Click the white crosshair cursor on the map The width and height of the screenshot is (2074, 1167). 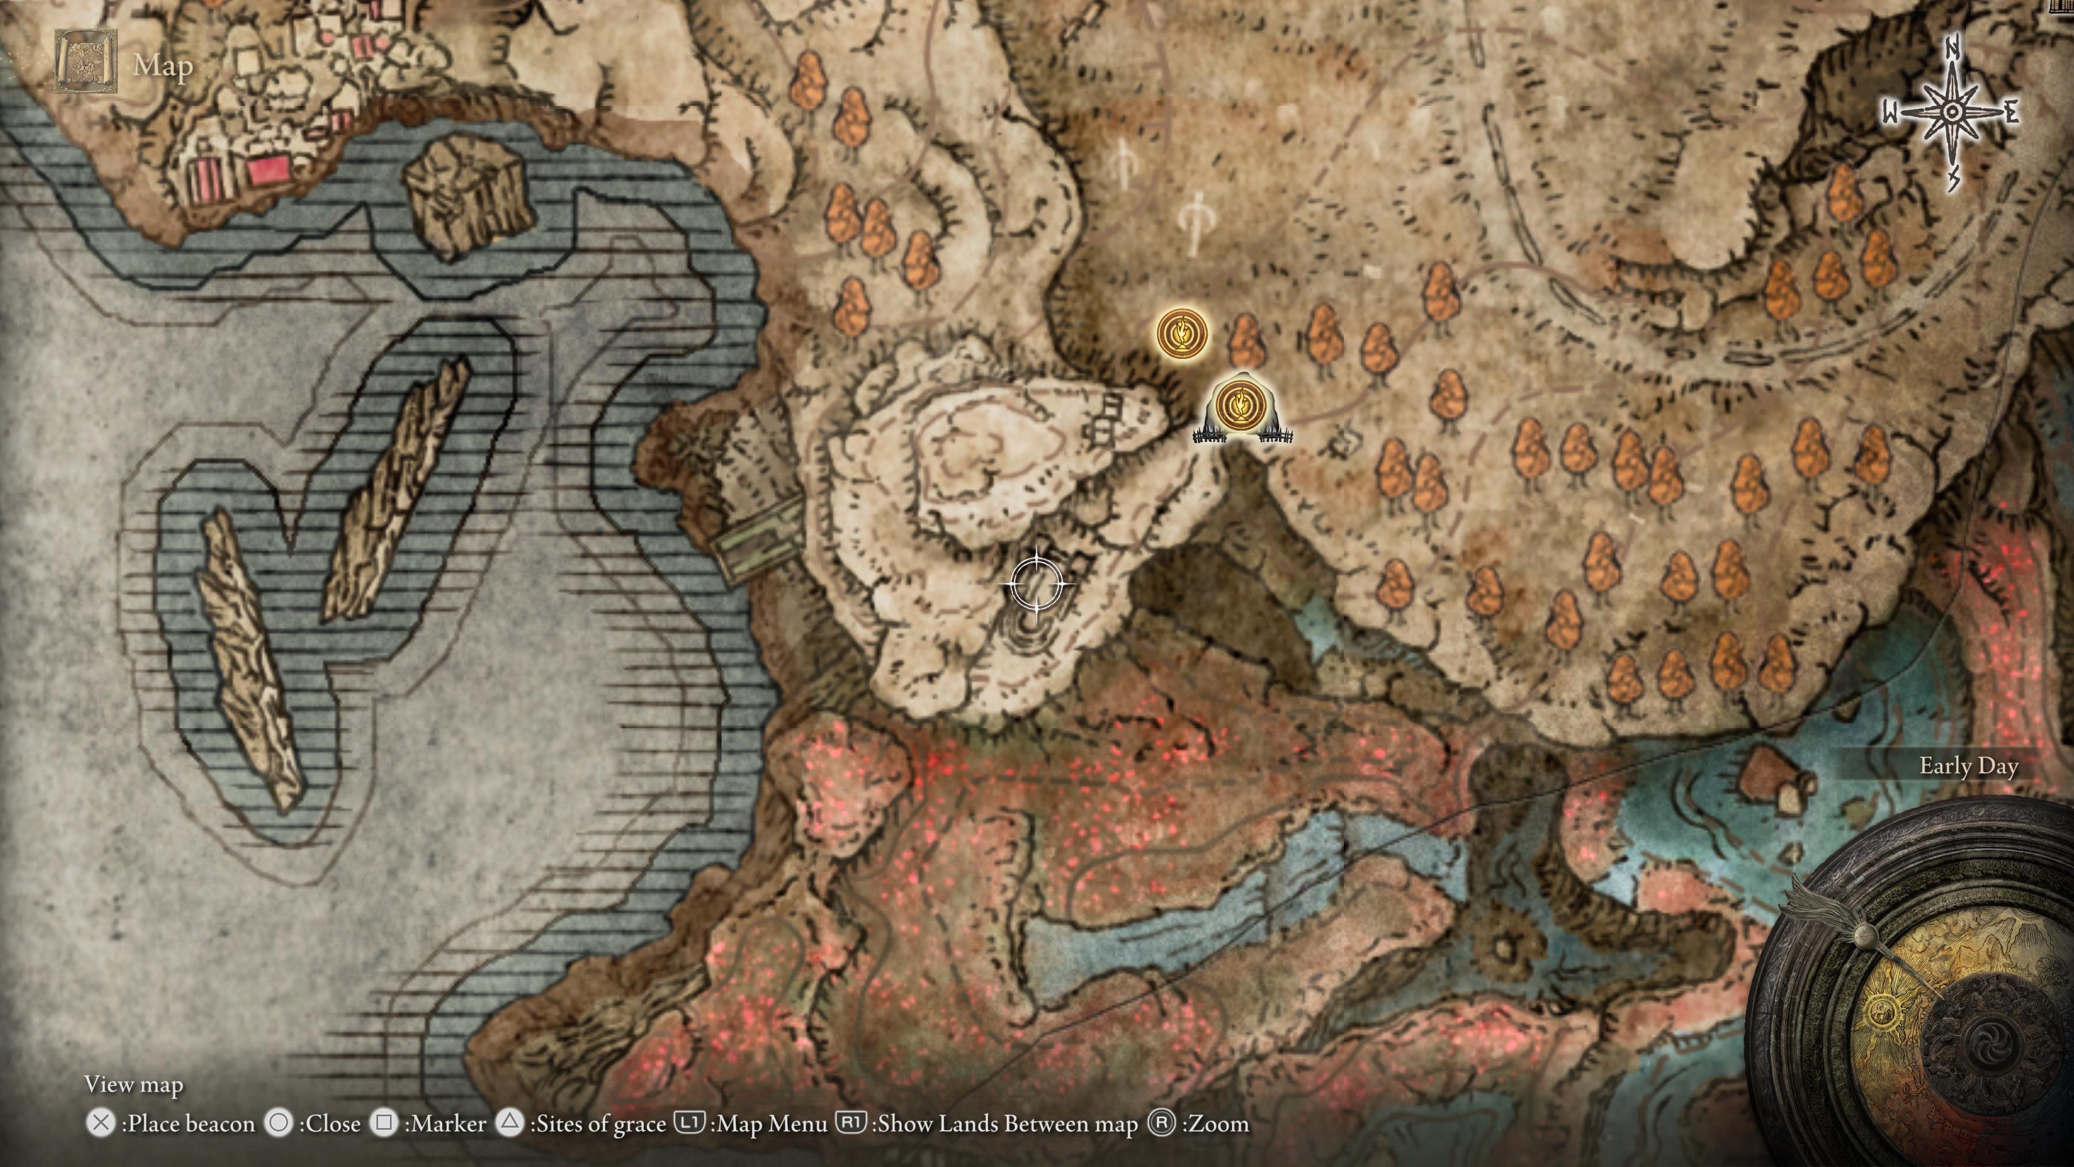(1037, 583)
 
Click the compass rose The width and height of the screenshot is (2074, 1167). (1951, 113)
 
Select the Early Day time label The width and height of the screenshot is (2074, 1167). (1968, 766)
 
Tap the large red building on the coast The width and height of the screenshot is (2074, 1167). (269, 171)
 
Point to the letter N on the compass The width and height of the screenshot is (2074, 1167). (1951, 50)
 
